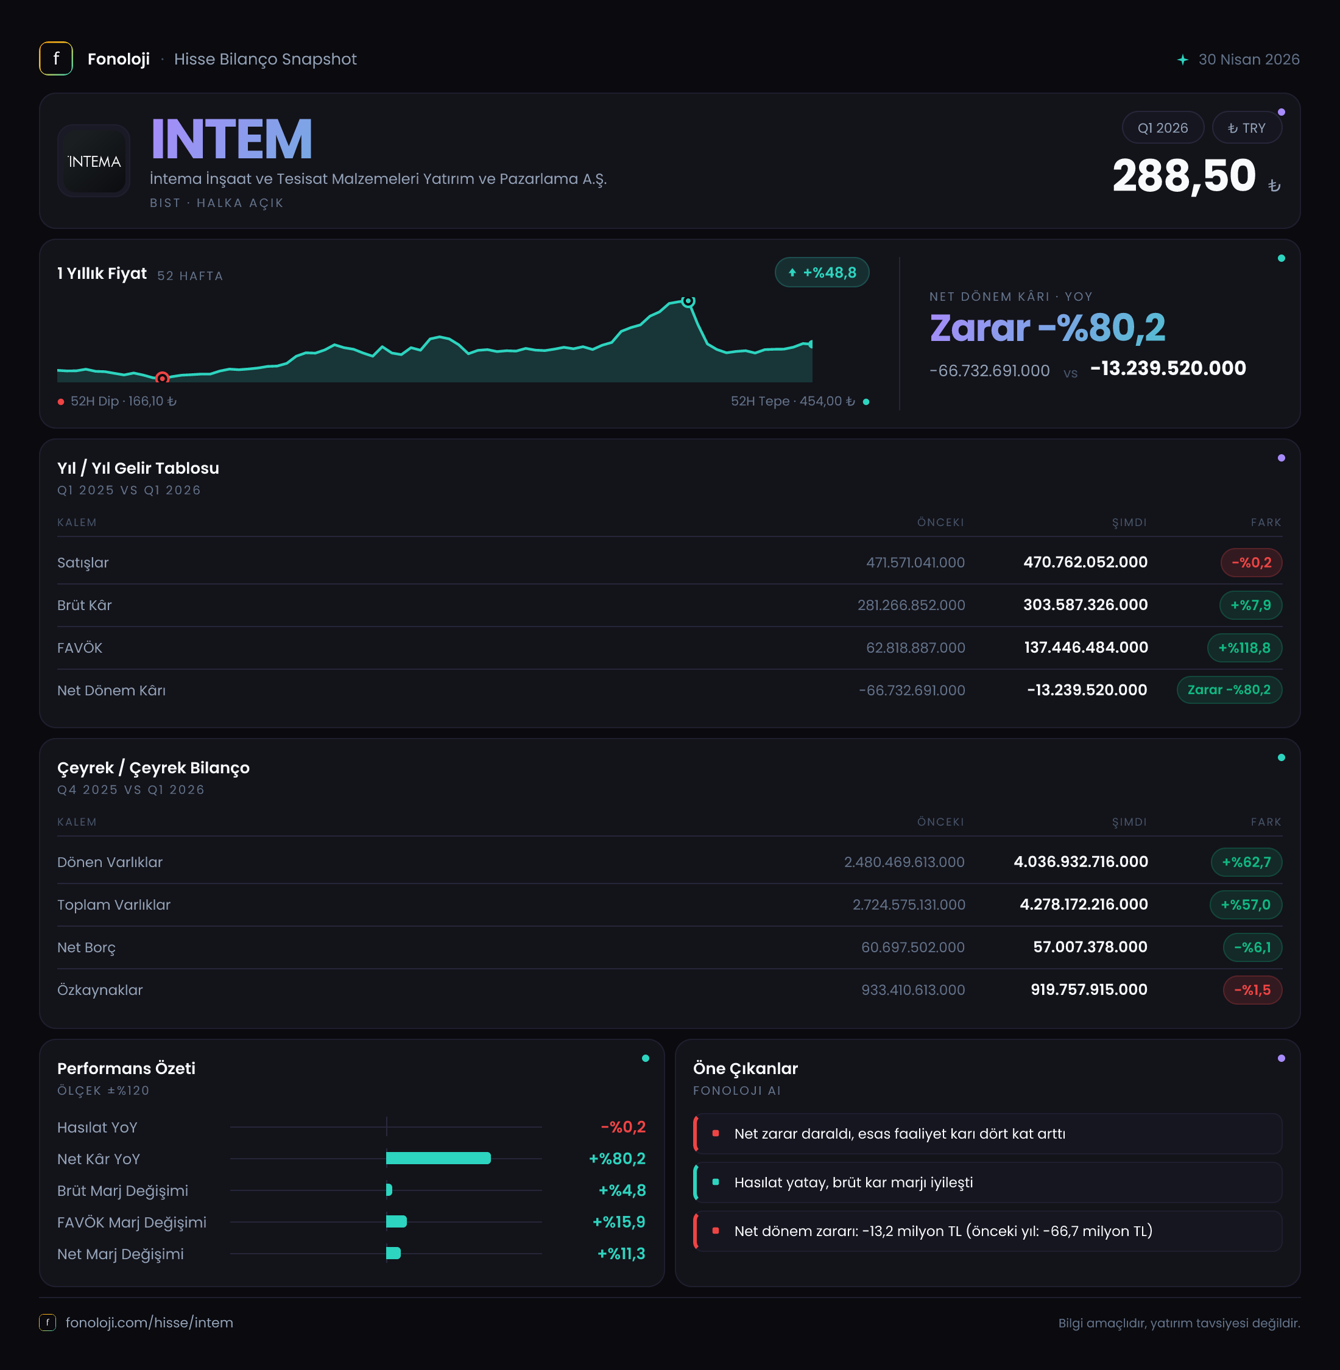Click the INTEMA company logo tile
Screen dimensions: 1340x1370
94,161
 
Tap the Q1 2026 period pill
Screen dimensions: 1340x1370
1163,128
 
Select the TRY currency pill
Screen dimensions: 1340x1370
1246,128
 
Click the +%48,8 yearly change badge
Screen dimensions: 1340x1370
822,272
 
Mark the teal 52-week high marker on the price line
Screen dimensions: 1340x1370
688,301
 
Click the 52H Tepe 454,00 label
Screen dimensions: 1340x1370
792,401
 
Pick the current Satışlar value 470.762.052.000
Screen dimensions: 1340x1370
1085,562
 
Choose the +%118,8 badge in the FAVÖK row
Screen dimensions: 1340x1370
1244,647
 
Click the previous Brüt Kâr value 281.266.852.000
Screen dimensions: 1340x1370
911,605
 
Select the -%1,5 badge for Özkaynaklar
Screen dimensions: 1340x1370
1253,990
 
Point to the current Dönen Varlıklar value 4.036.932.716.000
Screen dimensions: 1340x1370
1081,862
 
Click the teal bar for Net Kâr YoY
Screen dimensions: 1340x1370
439,1158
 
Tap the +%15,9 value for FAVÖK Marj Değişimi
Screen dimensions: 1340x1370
619,1221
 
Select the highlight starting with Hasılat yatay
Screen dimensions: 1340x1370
987,1182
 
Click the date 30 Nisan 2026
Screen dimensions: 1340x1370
1249,59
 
